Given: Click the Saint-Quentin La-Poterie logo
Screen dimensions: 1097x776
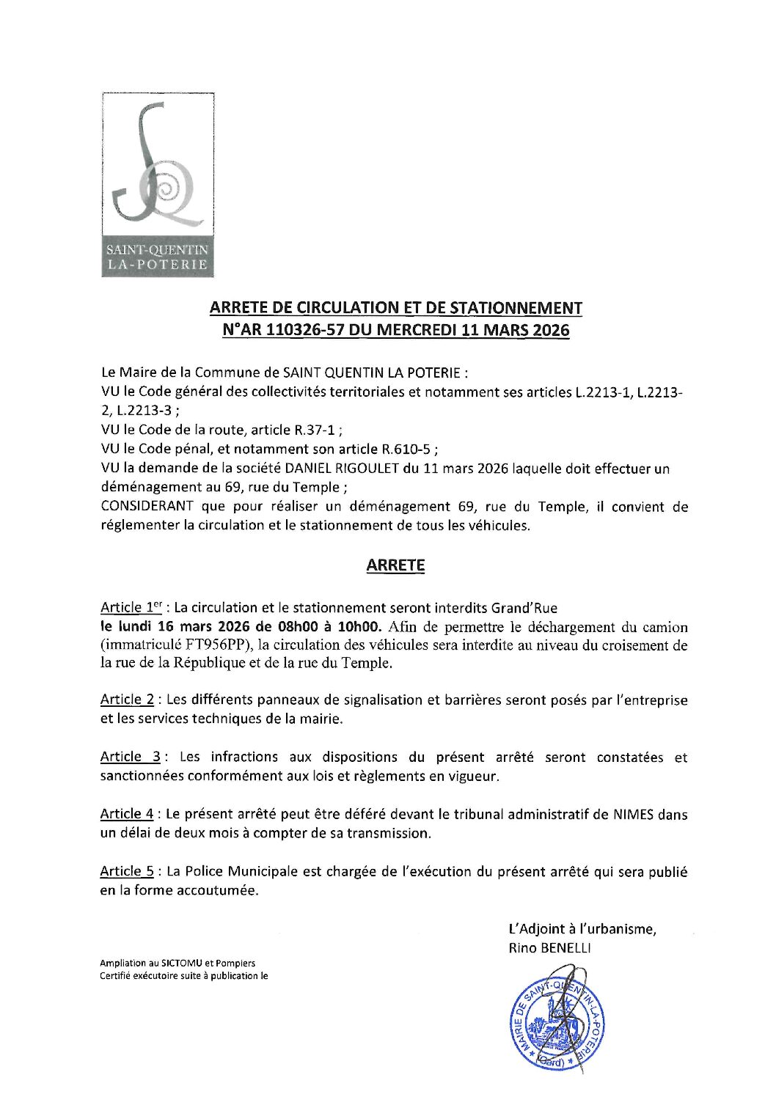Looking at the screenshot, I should click(158, 185).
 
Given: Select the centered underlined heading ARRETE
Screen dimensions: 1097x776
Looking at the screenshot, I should click(395, 565).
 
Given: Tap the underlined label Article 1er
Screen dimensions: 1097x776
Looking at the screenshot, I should click(131, 607).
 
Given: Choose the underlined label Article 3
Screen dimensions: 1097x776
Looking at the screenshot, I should click(130, 757).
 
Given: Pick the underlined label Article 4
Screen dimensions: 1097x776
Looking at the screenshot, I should click(127, 814).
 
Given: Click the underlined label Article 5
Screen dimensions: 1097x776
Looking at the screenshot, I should click(127, 871).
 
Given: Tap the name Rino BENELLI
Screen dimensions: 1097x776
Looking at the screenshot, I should click(549, 948).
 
